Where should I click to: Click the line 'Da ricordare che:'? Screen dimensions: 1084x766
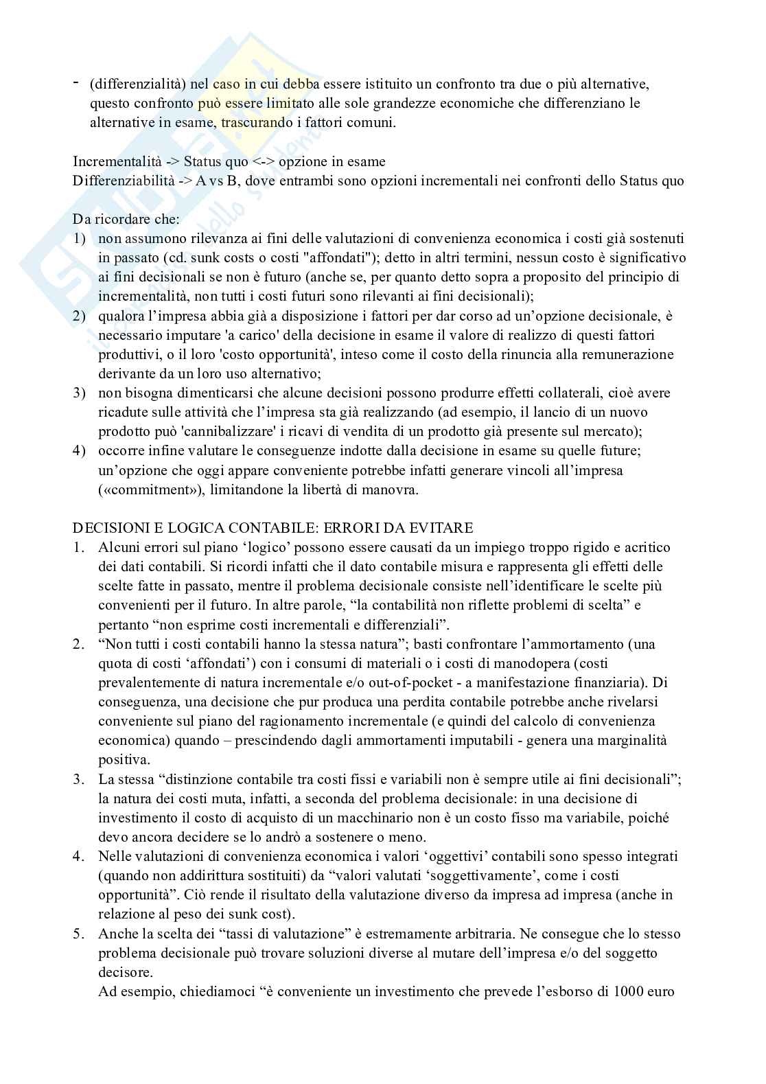coord(126,220)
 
